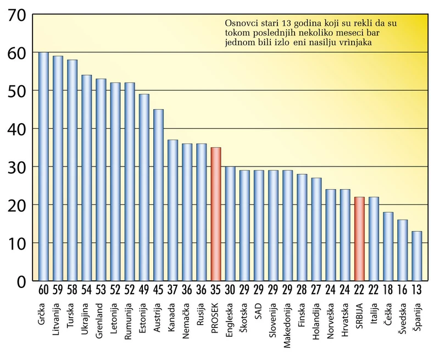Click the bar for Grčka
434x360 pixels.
(43, 167)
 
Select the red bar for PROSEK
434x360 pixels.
(216, 214)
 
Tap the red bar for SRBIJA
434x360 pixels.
(359, 239)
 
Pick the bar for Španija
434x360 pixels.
(417, 256)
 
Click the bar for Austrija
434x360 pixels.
(158, 195)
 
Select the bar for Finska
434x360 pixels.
(302, 227)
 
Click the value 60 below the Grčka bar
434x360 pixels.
(43, 289)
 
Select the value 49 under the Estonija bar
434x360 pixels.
(144, 289)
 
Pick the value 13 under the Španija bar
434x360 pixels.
(417, 289)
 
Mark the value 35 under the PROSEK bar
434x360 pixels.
(216, 289)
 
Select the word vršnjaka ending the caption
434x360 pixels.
(356, 42)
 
